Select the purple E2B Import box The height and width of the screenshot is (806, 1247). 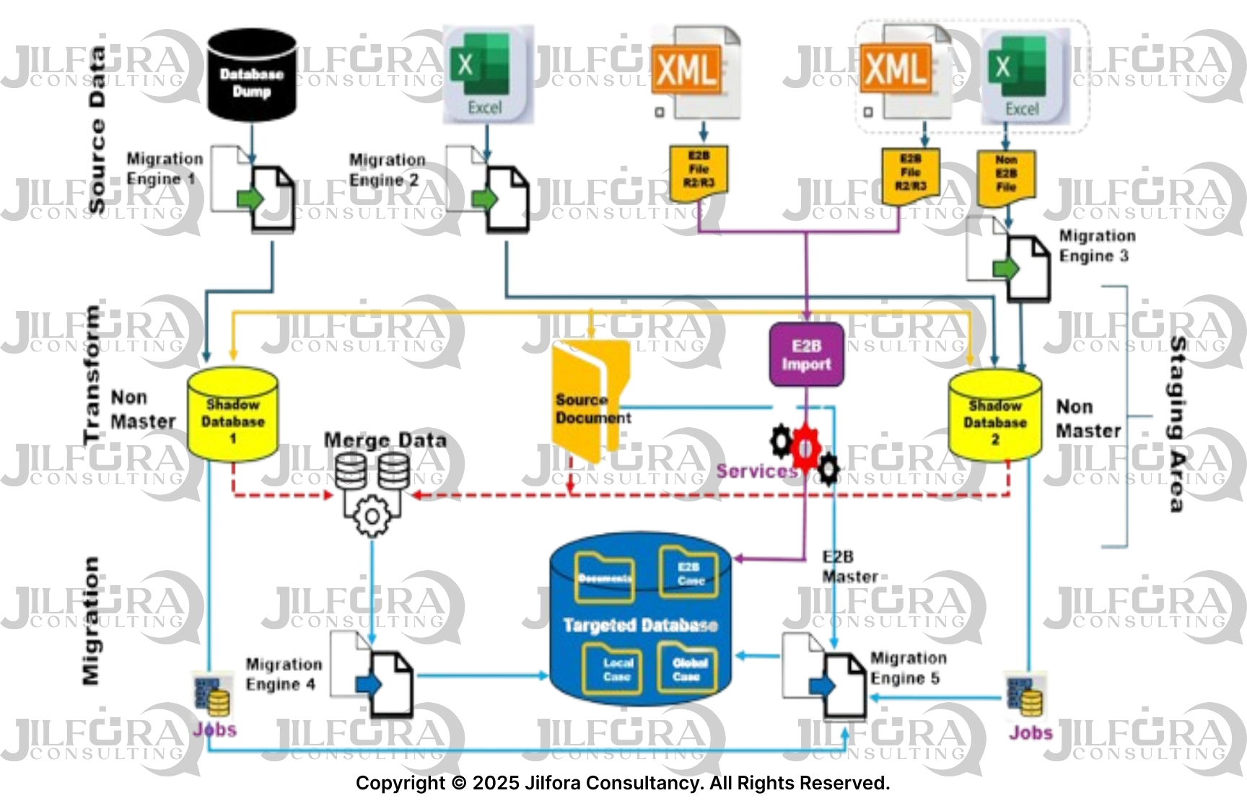(806, 354)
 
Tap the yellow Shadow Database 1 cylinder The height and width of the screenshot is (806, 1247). (232, 414)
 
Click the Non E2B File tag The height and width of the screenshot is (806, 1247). (1006, 175)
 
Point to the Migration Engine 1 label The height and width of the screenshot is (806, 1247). (164, 169)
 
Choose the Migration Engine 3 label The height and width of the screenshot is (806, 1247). (1096, 246)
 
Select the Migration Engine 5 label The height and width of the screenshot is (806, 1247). (907, 668)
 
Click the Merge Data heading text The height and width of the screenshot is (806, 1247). (385, 439)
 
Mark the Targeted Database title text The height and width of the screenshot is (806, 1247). (640, 625)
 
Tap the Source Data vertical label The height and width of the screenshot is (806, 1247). (96, 130)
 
